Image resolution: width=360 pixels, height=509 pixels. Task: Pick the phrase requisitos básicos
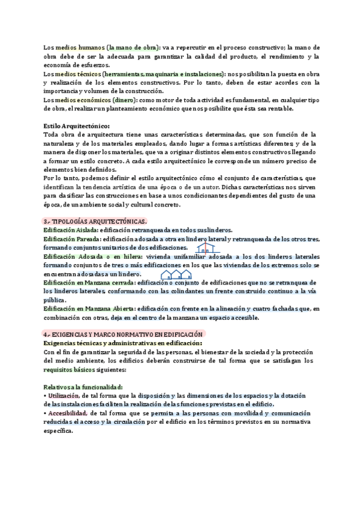tap(67, 370)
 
